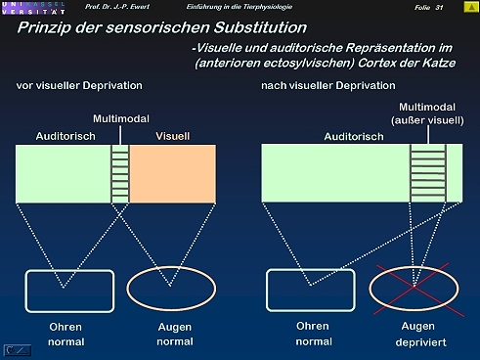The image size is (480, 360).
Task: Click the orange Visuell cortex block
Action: click(x=173, y=174)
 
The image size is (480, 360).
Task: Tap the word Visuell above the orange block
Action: click(x=172, y=136)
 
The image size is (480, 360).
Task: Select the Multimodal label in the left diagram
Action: click(x=121, y=118)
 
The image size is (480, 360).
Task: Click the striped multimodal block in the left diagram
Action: click(x=120, y=174)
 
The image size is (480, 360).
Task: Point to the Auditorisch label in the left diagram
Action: click(x=65, y=136)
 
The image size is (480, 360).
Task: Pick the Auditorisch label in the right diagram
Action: click(x=354, y=136)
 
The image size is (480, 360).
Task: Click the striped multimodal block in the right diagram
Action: click(x=428, y=173)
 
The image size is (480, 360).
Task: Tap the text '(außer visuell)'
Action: click(x=427, y=120)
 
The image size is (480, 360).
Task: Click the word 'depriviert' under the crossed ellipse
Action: click(x=420, y=342)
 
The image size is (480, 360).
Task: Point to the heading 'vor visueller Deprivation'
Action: click(x=79, y=85)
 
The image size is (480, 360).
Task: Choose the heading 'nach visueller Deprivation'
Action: click(x=328, y=85)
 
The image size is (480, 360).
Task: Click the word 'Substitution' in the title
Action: click(x=260, y=27)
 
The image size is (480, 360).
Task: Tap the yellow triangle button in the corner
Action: click(x=471, y=7)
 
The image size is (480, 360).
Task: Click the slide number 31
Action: click(x=439, y=7)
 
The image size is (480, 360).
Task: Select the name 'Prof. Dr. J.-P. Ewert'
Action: click(x=117, y=7)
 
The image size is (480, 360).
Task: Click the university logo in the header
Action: click(x=33, y=8)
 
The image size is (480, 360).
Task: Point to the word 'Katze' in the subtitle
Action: click(x=439, y=63)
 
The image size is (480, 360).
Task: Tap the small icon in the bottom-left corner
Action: click(x=18, y=350)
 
